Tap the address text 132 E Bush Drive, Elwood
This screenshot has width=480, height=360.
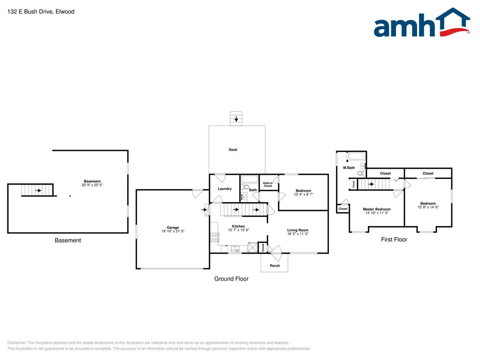[34, 11]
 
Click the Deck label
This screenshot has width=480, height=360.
[233, 150]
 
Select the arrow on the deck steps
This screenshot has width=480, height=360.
[236, 119]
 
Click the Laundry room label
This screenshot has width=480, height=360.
[225, 189]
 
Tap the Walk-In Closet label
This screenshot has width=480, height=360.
[268, 185]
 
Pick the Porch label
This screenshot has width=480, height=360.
[275, 266]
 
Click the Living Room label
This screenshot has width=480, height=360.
[298, 230]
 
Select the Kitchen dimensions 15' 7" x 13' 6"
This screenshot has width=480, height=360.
[238, 230]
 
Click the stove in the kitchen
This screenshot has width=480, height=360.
[215, 237]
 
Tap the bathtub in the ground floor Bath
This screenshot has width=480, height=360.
[249, 179]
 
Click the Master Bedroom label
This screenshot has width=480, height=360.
[376, 209]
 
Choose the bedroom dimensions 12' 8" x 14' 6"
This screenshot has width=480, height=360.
[428, 207]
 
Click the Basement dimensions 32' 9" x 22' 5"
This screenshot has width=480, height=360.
[92, 185]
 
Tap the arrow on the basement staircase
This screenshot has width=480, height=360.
[37, 190]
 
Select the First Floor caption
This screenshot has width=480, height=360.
[394, 240]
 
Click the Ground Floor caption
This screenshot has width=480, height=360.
[231, 279]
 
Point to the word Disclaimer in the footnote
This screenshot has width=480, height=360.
[17, 343]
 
